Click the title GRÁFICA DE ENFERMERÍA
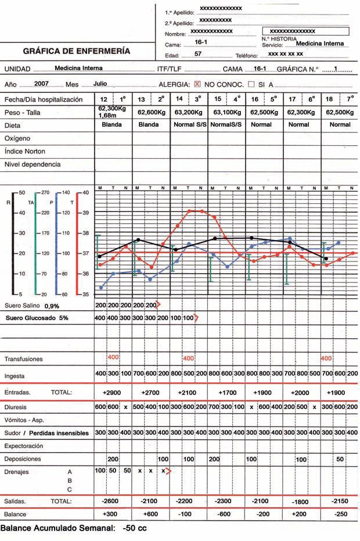pyautogui.click(x=77, y=51)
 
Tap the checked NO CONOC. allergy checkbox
pyautogui.click(x=197, y=84)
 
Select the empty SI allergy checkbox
pyautogui.click(x=251, y=84)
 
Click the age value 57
pyautogui.click(x=198, y=53)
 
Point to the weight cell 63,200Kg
pyautogui.click(x=189, y=112)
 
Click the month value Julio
pyautogui.click(x=100, y=84)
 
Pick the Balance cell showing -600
pyautogui.click(x=224, y=514)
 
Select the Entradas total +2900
pyautogui.click(x=111, y=393)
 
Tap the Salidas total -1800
pyautogui.click(x=300, y=501)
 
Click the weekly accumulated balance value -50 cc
pyautogui.click(x=135, y=528)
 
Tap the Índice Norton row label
pyautogui.click(x=25, y=152)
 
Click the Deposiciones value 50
pyautogui.click(x=340, y=459)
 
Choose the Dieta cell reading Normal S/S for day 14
pyautogui.click(x=190, y=124)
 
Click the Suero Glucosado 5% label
pyautogui.click(x=37, y=318)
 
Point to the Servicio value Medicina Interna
pyautogui.click(x=320, y=44)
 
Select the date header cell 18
pyautogui.click(x=329, y=99)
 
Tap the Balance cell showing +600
pyautogui.click(x=150, y=514)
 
